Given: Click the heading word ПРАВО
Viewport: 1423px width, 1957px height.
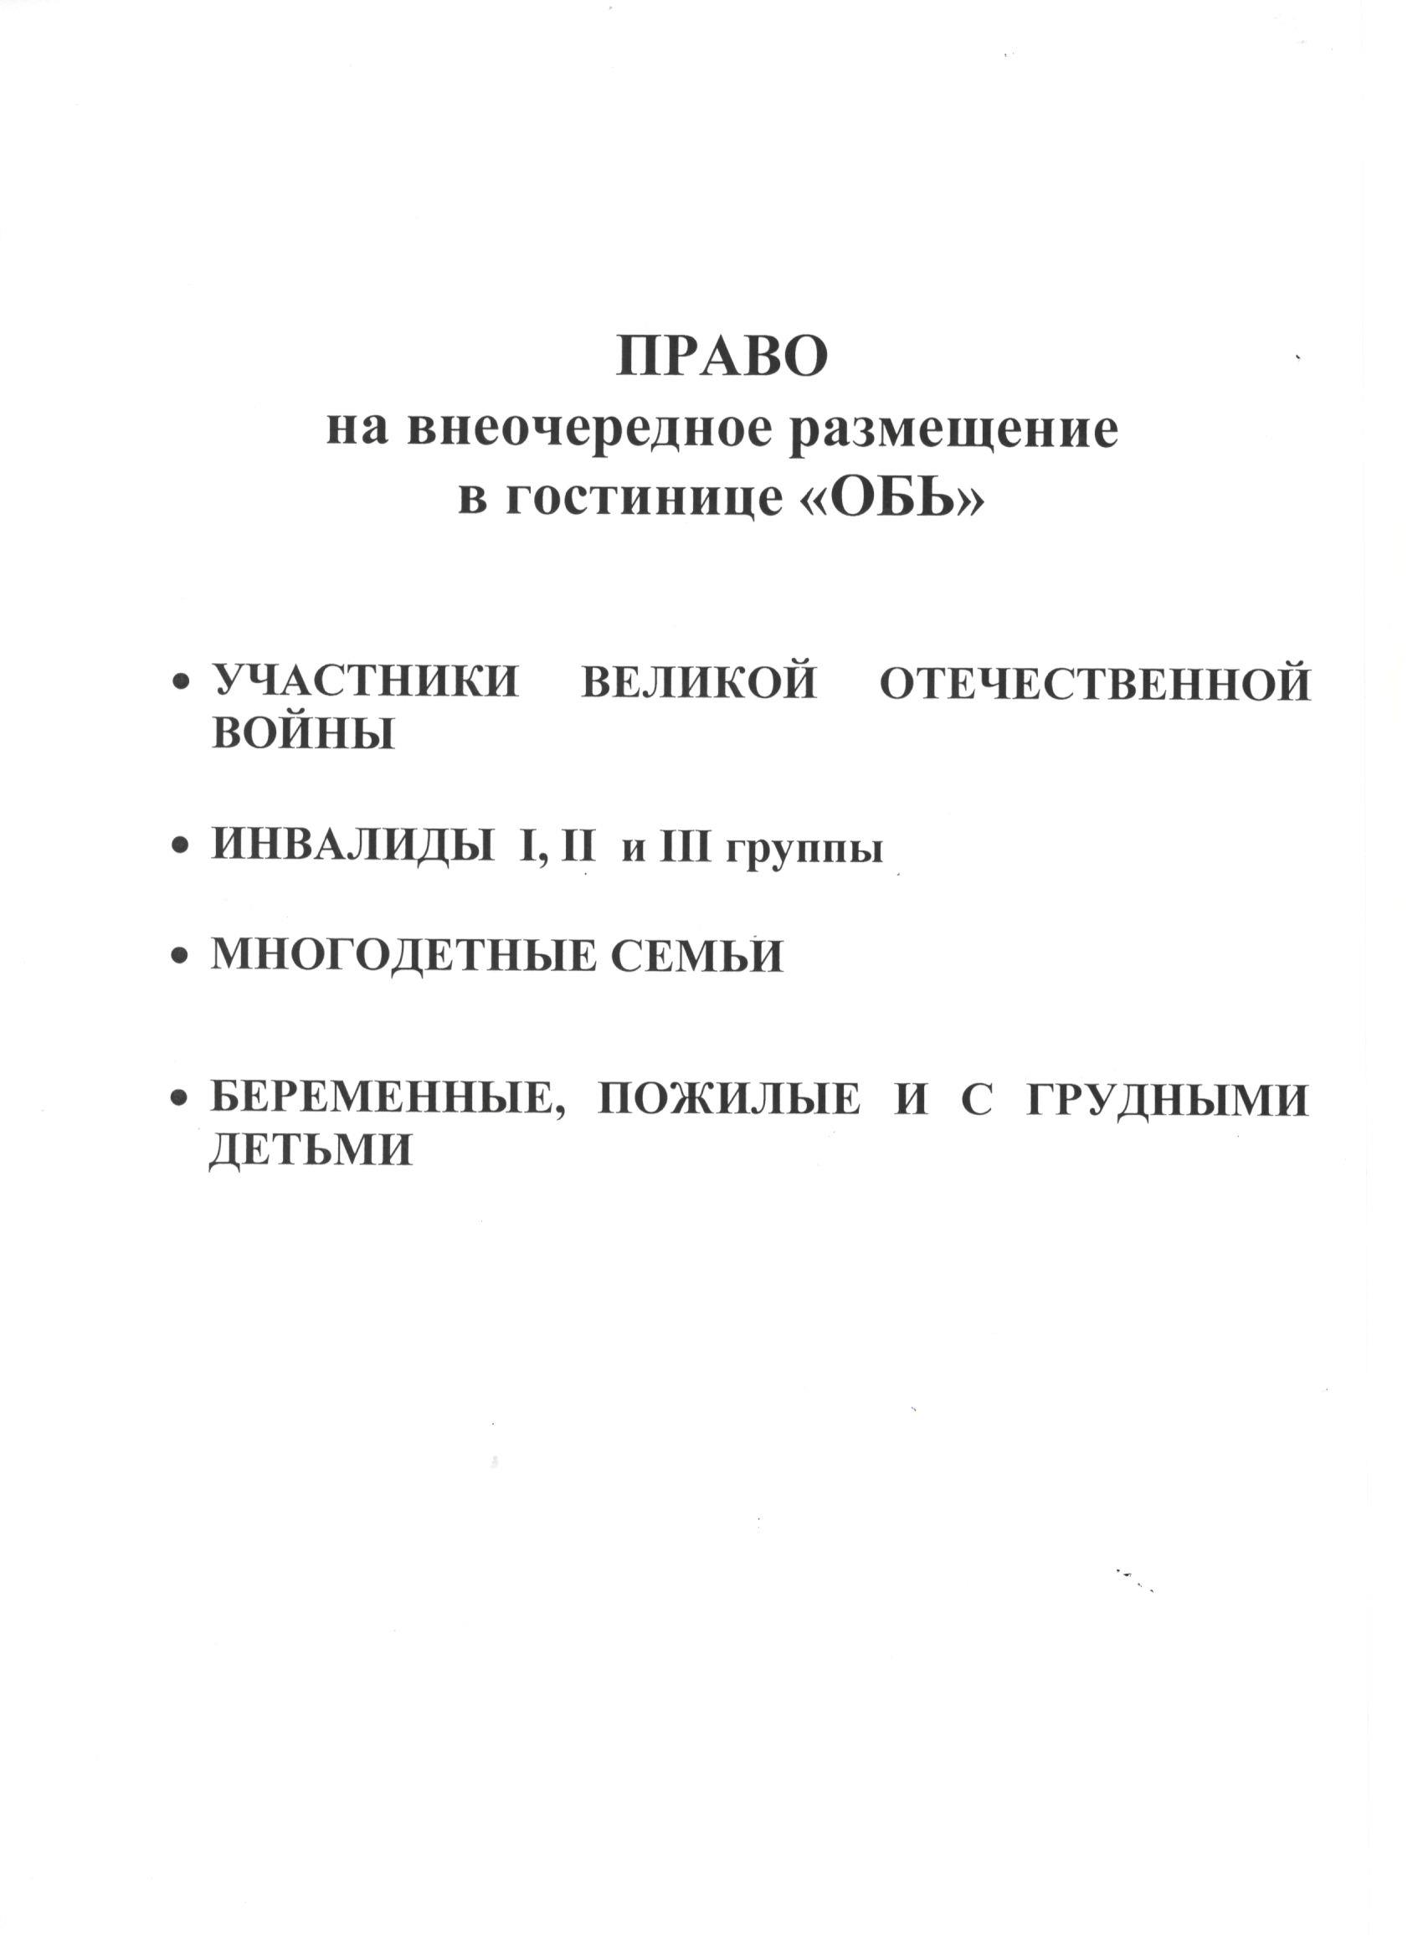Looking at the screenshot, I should pyautogui.click(x=722, y=357).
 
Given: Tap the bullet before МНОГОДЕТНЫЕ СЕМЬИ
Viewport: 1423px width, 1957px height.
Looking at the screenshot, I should pyautogui.click(x=180, y=956).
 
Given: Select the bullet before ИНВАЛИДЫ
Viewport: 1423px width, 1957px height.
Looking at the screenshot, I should pyautogui.click(x=180, y=847).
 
